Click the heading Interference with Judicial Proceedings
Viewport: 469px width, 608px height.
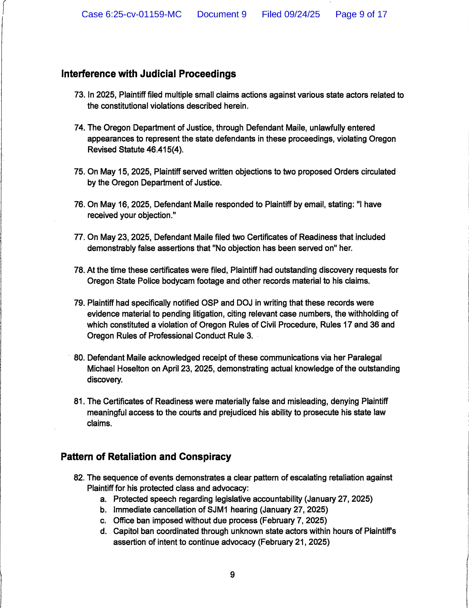click(149, 74)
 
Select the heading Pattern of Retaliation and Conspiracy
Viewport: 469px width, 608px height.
click(146, 457)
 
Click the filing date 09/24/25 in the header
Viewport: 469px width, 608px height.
click(302, 14)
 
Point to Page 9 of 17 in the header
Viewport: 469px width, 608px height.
click(361, 14)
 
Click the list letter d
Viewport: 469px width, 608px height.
click(103, 532)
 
